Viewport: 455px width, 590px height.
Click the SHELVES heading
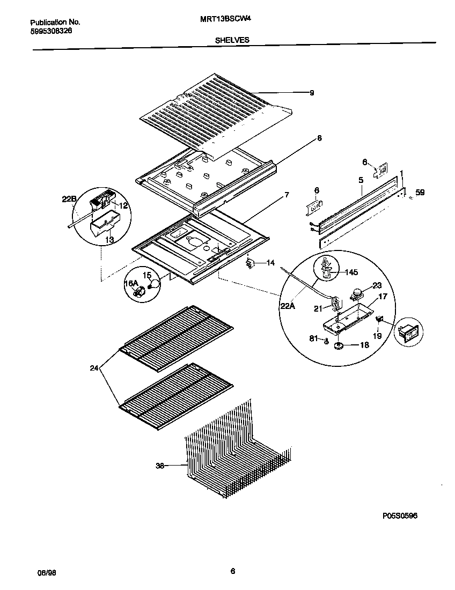(231, 40)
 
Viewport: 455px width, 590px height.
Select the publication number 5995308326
(51, 32)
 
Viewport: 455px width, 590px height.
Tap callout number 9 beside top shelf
(312, 93)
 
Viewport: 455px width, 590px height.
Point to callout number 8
(319, 138)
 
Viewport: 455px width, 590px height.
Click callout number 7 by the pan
(287, 195)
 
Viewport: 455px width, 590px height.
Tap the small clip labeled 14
(249, 263)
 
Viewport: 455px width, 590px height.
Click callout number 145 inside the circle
(350, 272)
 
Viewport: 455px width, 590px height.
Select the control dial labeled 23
(354, 293)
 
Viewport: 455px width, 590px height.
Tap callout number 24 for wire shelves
(94, 368)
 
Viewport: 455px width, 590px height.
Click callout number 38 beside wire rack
(159, 466)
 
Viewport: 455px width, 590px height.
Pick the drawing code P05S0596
(400, 515)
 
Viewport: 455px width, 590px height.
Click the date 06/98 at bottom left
(47, 573)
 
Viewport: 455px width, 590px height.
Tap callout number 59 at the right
(420, 193)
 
